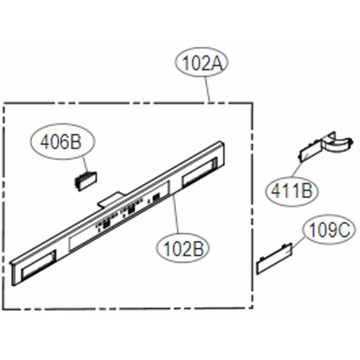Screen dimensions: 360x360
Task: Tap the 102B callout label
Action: point(183,248)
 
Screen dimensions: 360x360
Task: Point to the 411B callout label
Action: point(292,191)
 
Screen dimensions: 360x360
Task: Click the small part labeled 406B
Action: point(85,181)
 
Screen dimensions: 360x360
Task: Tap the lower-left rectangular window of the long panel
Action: point(39,265)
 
